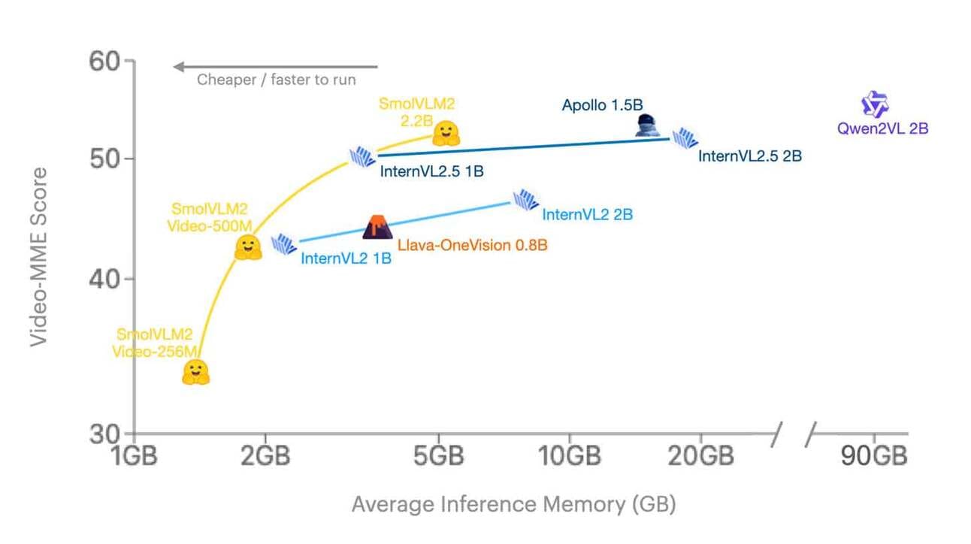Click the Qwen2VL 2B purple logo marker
(874, 105)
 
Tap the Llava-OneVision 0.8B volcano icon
(377, 227)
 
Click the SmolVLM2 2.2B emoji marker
(446, 133)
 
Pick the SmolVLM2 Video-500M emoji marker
(248, 247)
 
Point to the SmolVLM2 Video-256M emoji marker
(195, 372)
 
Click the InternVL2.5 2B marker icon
(685, 138)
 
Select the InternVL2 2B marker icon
(525, 200)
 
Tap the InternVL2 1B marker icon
(284, 244)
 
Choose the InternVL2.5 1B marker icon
(363, 156)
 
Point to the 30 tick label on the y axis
(105, 434)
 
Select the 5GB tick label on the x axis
(438, 456)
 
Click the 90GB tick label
(874, 456)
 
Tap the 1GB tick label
(135, 456)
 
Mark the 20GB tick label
(700, 456)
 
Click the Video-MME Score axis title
(38, 256)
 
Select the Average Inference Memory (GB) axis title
(513, 504)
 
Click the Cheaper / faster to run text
(277, 80)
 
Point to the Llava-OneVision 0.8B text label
(473, 245)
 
